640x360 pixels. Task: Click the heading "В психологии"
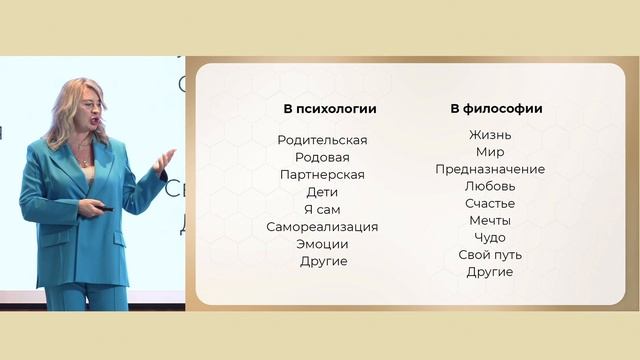(x=322, y=109)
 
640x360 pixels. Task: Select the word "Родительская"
(x=322, y=140)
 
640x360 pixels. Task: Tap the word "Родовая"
(x=322, y=157)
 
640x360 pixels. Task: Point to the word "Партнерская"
(x=322, y=175)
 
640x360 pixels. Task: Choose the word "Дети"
(x=322, y=192)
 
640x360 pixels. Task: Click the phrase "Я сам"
(x=322, y=209)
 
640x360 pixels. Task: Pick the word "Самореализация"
(x=322, y=227)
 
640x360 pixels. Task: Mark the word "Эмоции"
(x=322, y=244)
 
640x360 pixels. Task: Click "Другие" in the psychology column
(x=323, y=261)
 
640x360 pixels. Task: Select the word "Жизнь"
(x=490, y=135)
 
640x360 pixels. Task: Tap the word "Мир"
(x=490, y=152)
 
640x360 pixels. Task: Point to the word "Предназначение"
(x=490, y=169)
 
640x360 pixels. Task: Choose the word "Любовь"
(x=490, y=186)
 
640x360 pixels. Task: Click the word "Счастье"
(x=490, y=203)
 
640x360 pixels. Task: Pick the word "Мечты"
(x=490, y=220)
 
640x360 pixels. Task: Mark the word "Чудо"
(x=490, y=238)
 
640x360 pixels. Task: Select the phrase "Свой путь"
(x=490, y=255)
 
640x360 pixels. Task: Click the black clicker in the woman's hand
(x=103, y=208)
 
